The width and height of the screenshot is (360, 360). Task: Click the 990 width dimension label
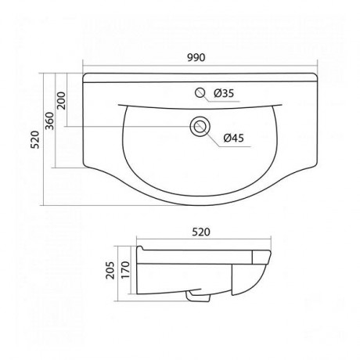tap(196, 58)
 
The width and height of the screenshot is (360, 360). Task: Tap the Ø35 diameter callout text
tap(224, 93)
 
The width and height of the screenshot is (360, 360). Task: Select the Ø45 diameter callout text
tap(233, 138)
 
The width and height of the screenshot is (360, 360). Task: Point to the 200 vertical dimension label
tap(61, 100)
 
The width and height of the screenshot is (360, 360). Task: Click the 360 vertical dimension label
tap(49, 121)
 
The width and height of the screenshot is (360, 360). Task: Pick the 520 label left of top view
tap(34, 139)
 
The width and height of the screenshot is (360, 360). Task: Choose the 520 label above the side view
tap(201, 232)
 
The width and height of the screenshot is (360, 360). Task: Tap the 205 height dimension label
tap(110, 270)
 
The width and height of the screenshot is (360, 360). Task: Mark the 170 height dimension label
tap(125, 270)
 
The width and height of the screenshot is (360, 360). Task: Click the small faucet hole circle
tap(200, 93)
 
